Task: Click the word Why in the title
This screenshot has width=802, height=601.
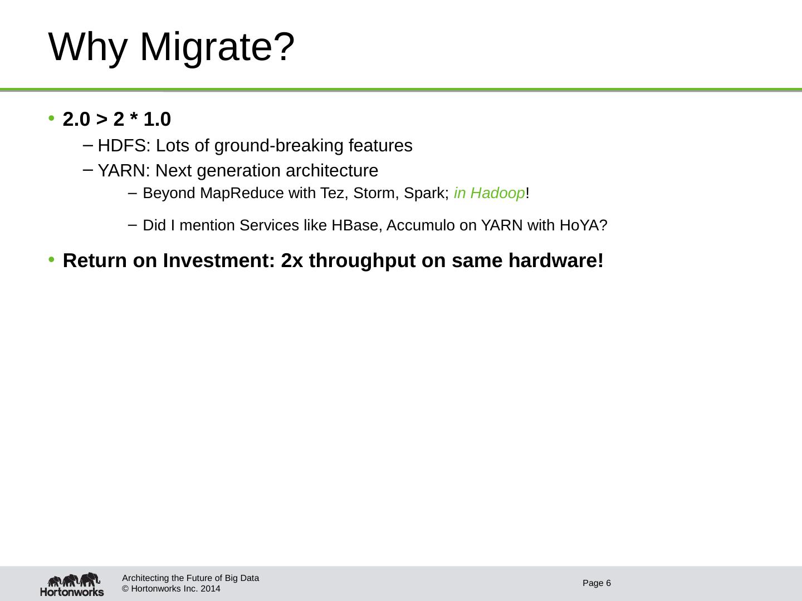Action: click(x=87, y=47)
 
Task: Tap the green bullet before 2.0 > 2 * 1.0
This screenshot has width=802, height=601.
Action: click(x=51, y=118)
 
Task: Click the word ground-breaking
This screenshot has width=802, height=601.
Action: click(x=279, y=146)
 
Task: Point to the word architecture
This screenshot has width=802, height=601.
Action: click(x=332, y=171)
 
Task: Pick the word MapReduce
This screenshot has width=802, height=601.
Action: click(x=242, y=194)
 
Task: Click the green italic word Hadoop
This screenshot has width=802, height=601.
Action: click(x=497, y=194)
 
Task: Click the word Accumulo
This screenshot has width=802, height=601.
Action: click(x=420, y=225)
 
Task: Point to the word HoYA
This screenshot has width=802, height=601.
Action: click(x=583, y=225)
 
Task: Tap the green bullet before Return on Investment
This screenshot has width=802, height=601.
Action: click(x=51, y=260)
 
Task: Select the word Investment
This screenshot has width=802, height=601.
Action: click(x=218, y=260)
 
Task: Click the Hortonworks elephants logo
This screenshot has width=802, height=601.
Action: click(x=72, y=584)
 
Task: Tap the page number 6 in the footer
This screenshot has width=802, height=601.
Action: click(x=608, y=583)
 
